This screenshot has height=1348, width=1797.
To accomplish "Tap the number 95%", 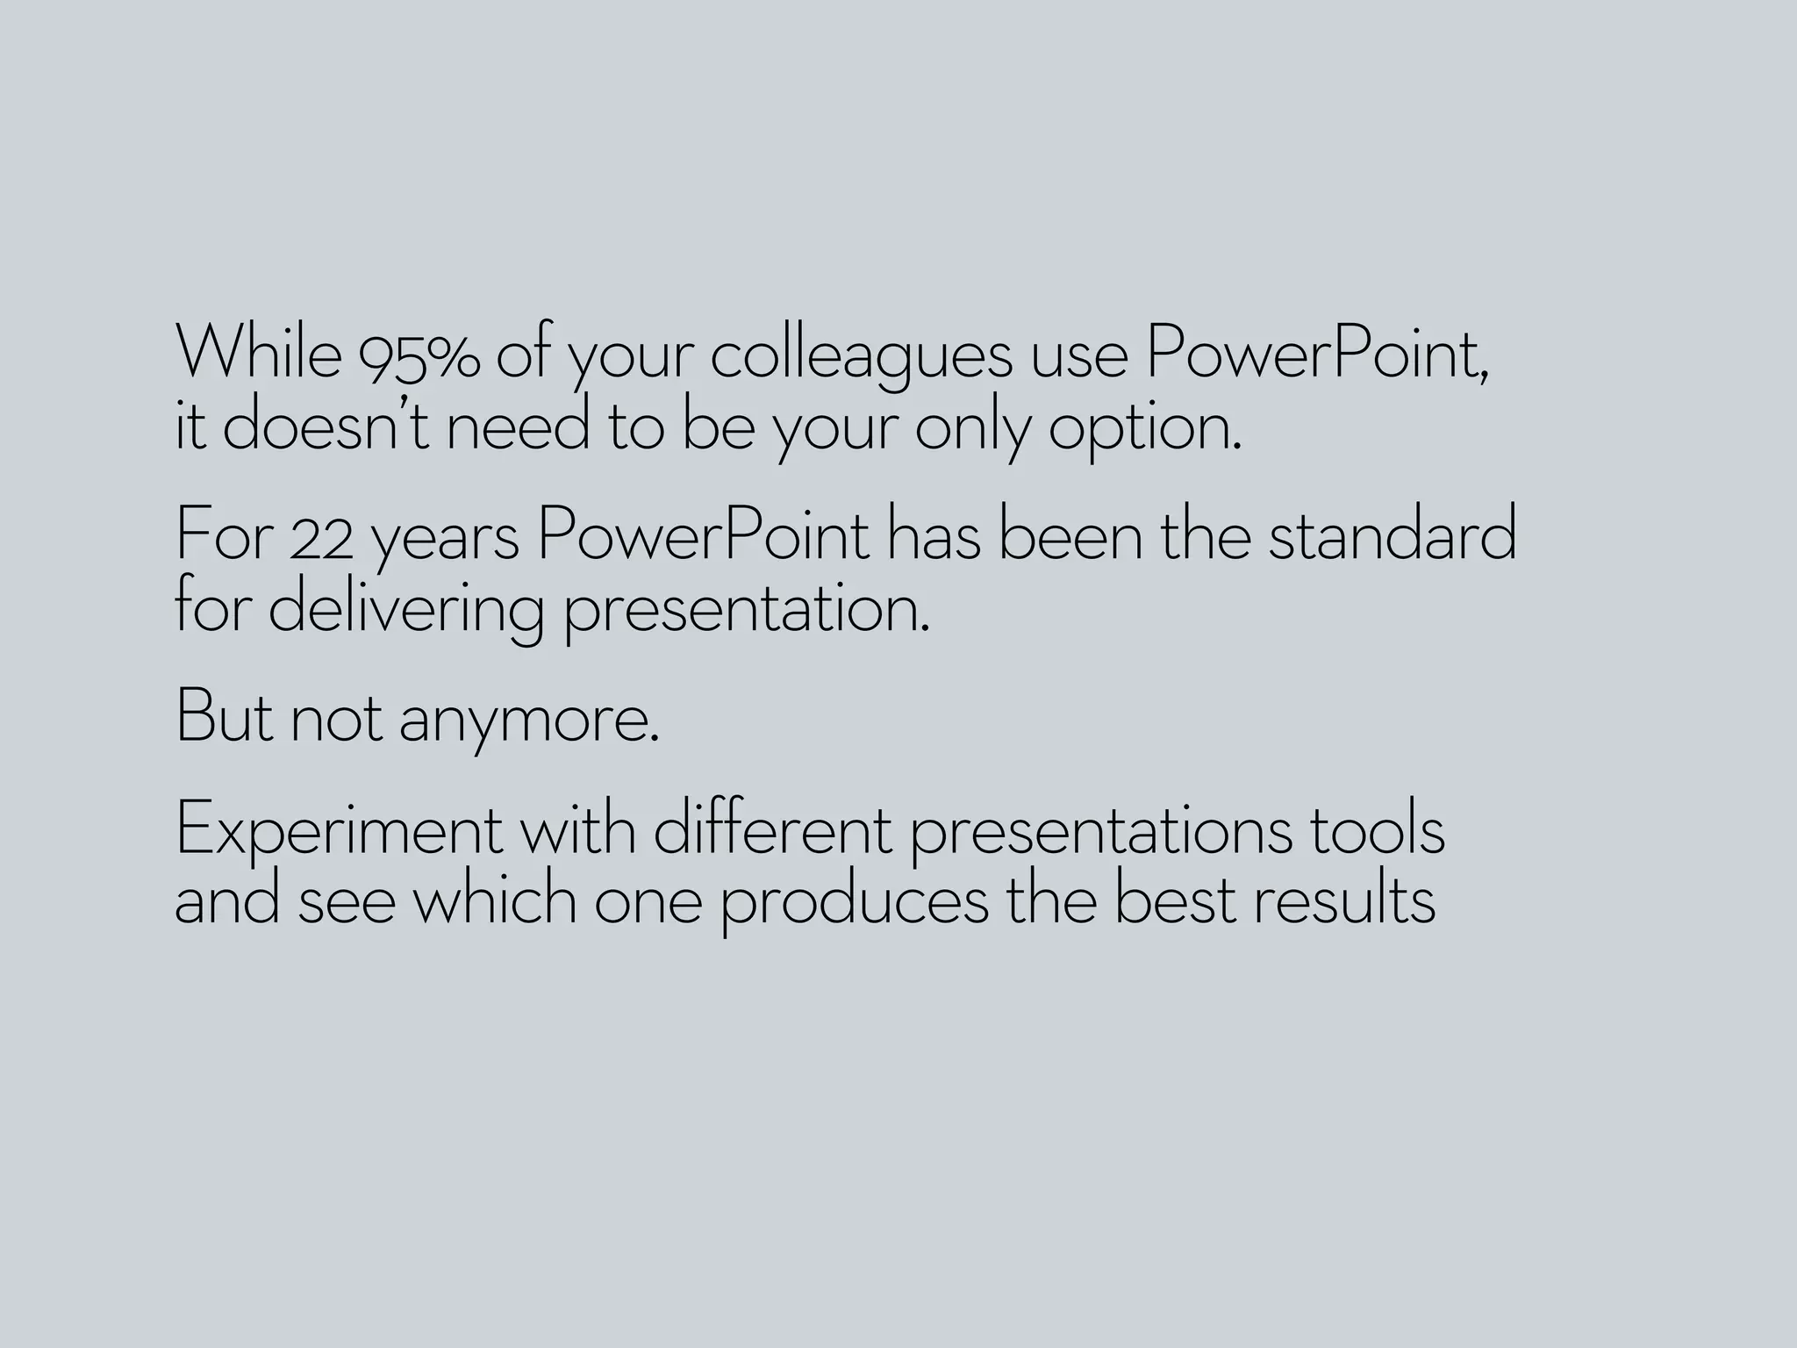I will click(x=419, y=355).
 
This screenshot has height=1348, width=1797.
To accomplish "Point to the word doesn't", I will click(x=326, y=426).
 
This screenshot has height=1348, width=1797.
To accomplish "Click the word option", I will click(x=1145, y=430).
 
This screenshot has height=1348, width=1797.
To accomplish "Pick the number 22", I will click(x=321, y=537).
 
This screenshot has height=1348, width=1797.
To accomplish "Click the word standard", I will click(x=1392, y=535).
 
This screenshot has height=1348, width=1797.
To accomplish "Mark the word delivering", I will click(x=405, y=609).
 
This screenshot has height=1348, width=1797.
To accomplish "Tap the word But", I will click(x=225, y=717).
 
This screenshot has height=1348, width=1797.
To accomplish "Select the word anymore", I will click(x=528, y=721).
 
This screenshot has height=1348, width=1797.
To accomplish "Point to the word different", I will click(x=772, y=829).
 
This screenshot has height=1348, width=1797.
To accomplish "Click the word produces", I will click(x=854, y=905).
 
